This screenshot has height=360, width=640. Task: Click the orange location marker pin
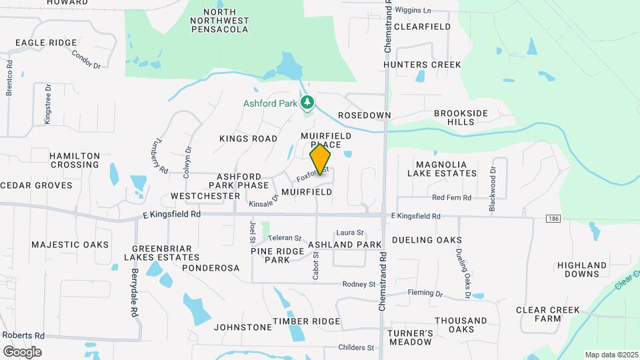click(320, 159)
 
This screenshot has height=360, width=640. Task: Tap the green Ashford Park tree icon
click(307, 103)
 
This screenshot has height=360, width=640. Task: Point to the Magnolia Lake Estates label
click(446, 169)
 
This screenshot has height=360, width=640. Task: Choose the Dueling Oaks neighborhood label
click(427, 240)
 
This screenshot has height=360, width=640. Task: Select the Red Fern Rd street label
click(451, 198)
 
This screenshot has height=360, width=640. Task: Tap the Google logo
click(22, 352)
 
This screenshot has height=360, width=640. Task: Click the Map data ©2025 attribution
click(611, 355)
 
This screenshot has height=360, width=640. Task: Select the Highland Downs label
click(581, 269)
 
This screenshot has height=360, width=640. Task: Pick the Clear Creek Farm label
click(548, 314)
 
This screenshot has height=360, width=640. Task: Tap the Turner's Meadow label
click(411, 337)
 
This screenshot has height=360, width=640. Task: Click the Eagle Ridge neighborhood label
click(46, 43)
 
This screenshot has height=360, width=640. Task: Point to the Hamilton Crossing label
click(75, 160)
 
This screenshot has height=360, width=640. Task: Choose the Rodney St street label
click(359, 285)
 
